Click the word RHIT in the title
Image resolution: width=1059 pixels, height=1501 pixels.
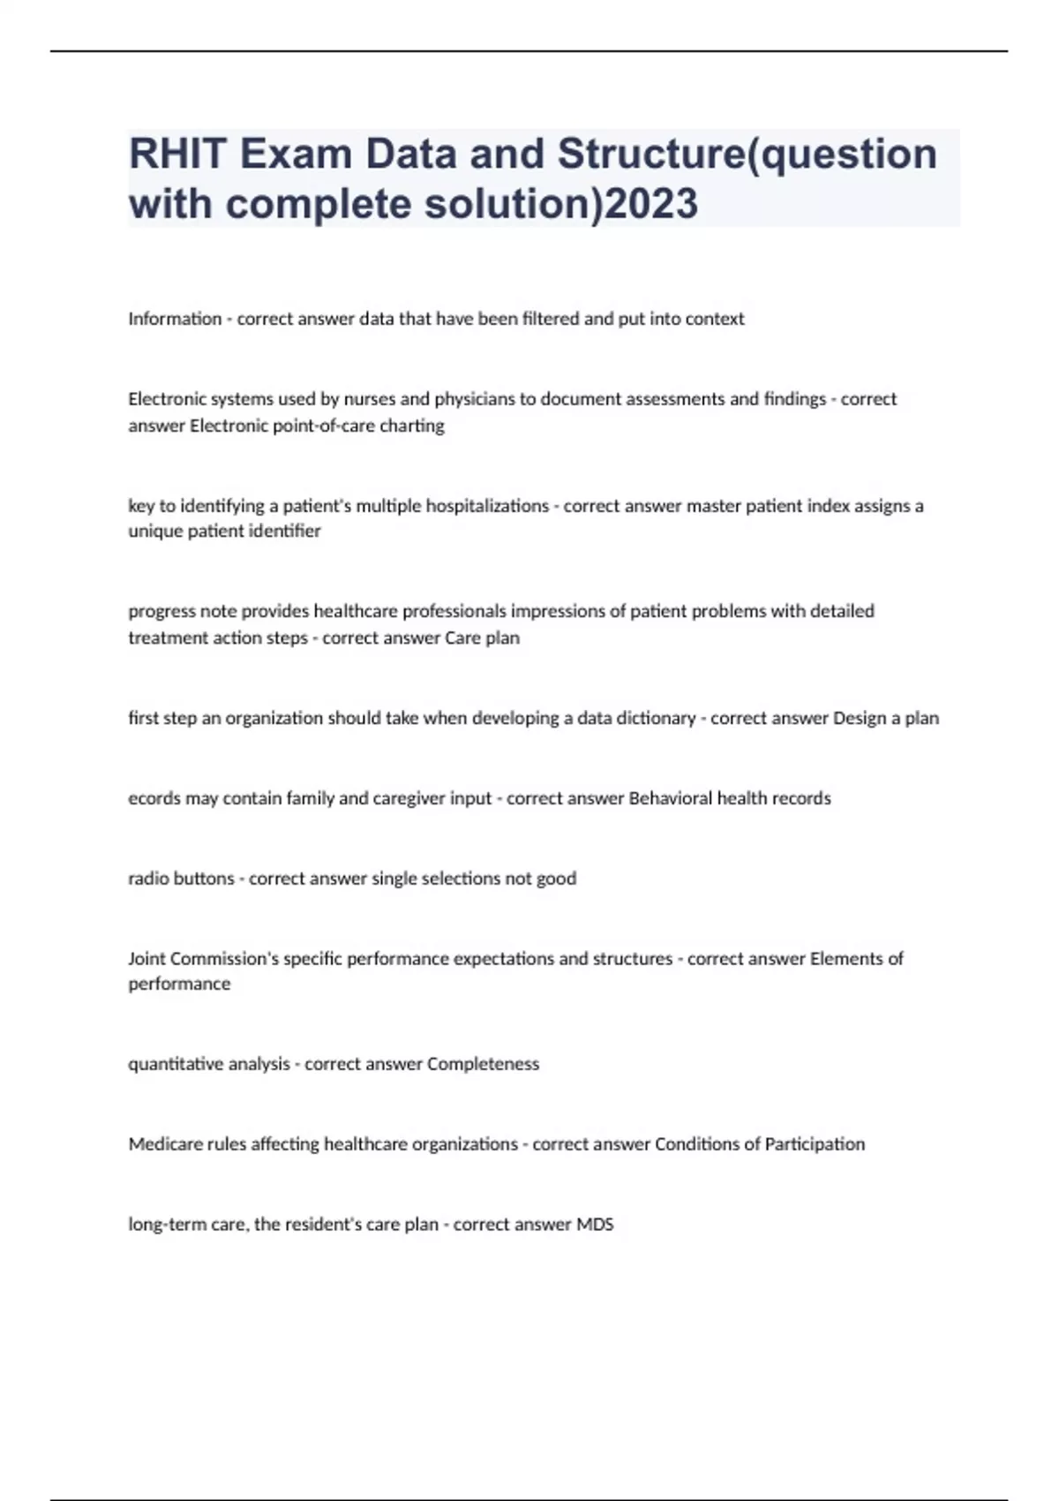(177, 154)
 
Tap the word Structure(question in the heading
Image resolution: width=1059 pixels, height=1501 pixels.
(747, 154)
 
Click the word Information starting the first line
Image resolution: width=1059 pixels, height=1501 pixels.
(175, 319)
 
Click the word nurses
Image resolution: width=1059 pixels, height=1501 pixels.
(370, 399)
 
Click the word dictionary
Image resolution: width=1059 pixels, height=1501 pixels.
(651, 718)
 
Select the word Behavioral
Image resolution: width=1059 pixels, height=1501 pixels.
(670, 798)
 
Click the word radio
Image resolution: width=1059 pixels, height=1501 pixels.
(146, 879)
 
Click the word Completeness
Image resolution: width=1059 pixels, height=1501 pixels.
(483, 1064)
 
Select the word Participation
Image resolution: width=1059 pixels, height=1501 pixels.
(815, 1144)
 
